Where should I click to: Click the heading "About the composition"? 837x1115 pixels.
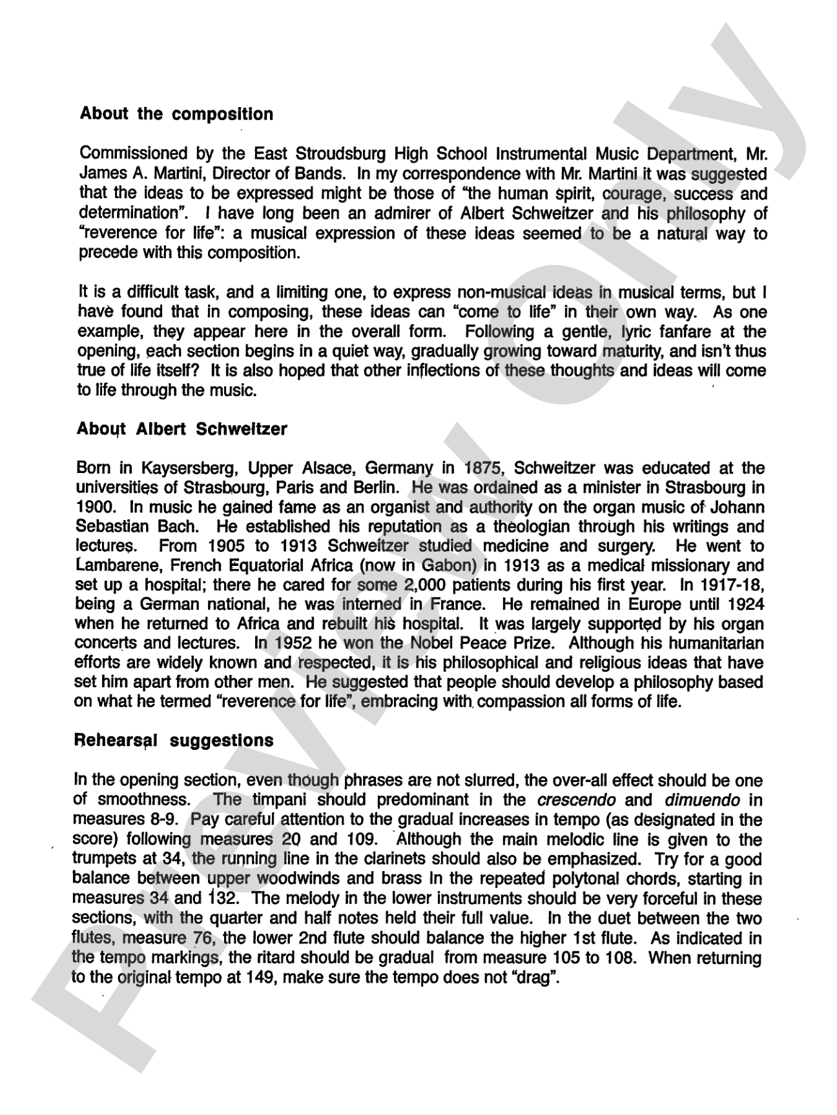[176, 114]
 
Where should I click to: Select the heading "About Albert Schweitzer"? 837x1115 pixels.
[181, 429]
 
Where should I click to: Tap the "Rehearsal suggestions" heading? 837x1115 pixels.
[174, 740]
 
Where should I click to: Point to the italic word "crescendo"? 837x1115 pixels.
[576, 801]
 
